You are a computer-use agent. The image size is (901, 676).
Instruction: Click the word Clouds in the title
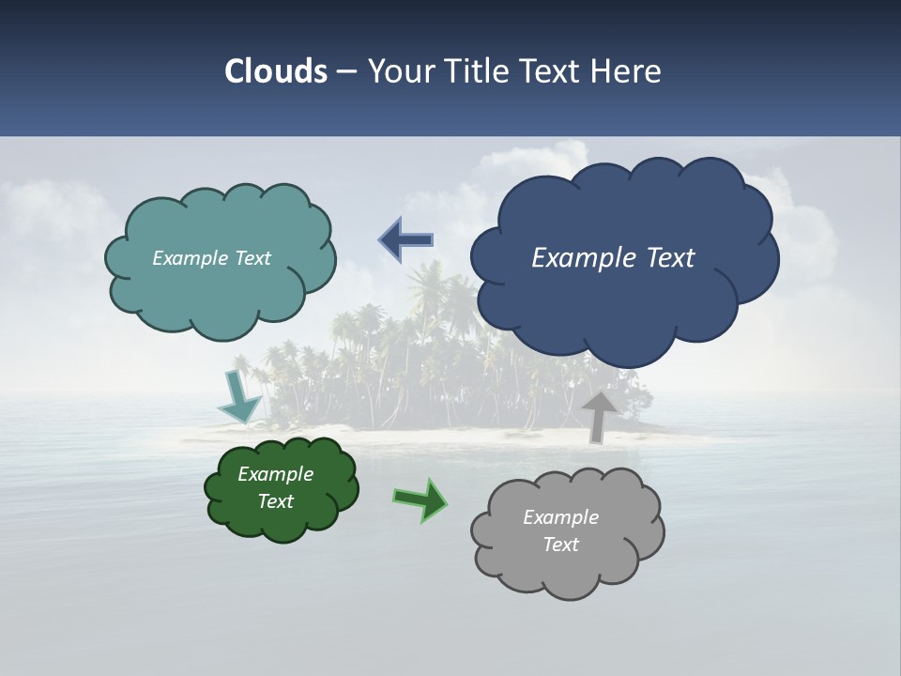tap(275, 71)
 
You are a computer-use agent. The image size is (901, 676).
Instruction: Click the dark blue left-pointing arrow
tap(405, 239)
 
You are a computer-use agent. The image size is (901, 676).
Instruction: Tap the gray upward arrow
tap(598, 416)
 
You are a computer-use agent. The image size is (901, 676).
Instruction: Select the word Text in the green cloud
tap(276, 501)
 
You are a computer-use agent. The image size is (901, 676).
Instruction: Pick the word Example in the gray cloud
tap(560, 517)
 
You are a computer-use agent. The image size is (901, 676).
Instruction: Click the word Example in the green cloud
tap(276, 474)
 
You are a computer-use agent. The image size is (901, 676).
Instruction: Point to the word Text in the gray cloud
tap(560, 545)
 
